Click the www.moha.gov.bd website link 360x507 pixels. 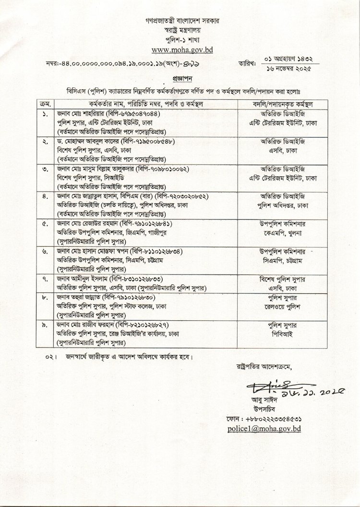click(x=180, y=49)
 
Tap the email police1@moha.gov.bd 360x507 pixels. click(x=272, y=428)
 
